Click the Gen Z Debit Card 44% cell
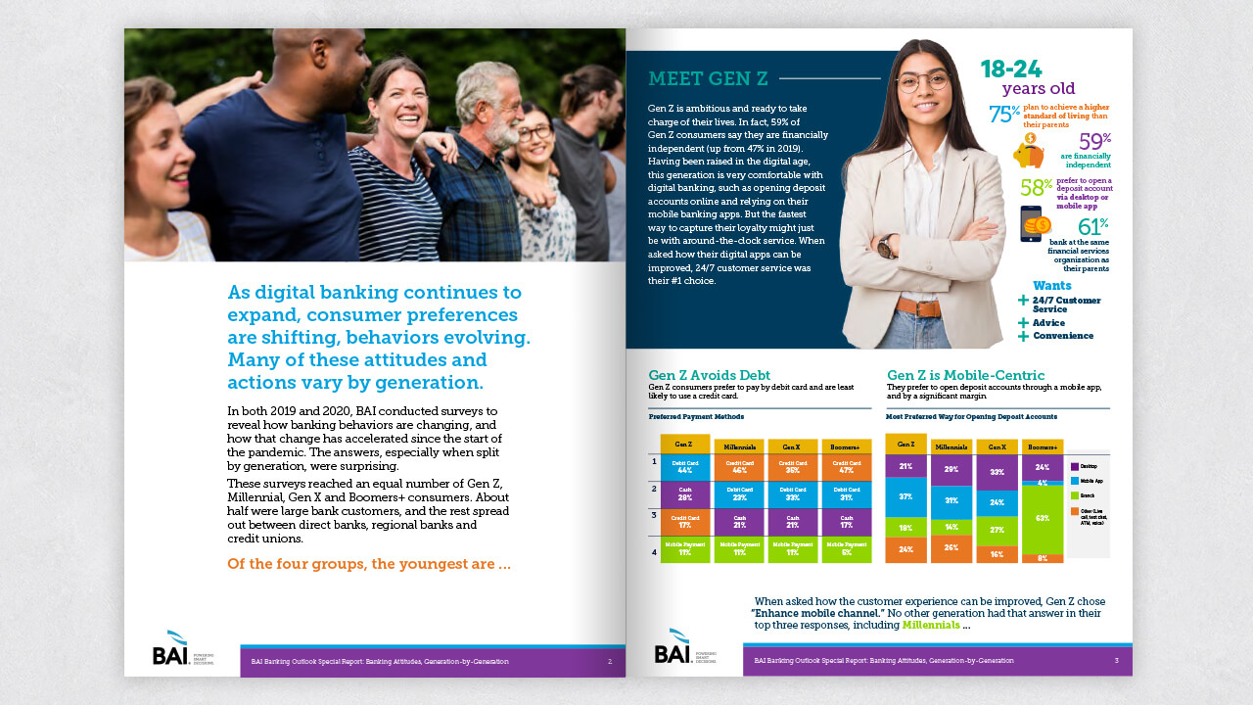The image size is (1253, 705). (x=685, y=467)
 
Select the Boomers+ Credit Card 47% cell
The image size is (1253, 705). (x=846, y=467)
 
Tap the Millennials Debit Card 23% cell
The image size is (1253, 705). (x=739, y=494)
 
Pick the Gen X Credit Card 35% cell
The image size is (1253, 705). (x=792, y=467)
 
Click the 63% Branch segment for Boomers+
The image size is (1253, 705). (x=1042, y=519)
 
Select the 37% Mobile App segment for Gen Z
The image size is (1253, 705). (x=905, y=496)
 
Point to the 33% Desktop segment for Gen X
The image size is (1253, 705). (x=997, y=472)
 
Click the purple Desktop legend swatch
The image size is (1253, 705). (x=1075, y=467)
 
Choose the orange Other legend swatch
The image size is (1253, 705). (x=1075, y=510)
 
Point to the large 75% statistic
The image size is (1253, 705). (x=1004, y=114)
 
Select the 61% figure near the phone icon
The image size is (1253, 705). (x=1092, y=227)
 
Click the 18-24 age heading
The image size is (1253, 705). (x=1011, y=69)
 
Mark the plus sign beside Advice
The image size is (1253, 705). (x=1024, y=322)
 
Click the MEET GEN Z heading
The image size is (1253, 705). (x=708, y=78)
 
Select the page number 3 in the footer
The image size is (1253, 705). (x=1116, y=661)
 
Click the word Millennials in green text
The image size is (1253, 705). (x=931, y=625)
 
